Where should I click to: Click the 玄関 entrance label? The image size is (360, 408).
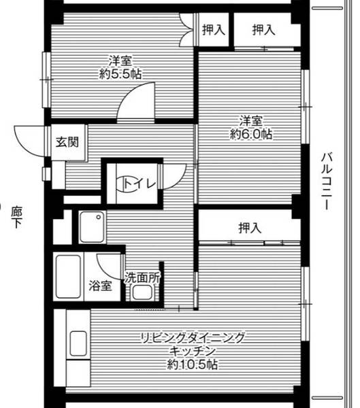[67, 143]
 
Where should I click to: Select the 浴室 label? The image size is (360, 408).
[99, 286]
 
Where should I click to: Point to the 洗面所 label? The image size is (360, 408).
[142, 277]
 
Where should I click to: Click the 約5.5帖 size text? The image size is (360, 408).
[125, 73]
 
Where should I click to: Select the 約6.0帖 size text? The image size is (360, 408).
[251, 135]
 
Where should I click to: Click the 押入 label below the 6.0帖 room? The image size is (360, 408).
[250, 228]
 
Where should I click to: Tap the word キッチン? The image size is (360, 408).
[193, 351]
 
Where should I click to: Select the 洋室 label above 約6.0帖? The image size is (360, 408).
[251, 121]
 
